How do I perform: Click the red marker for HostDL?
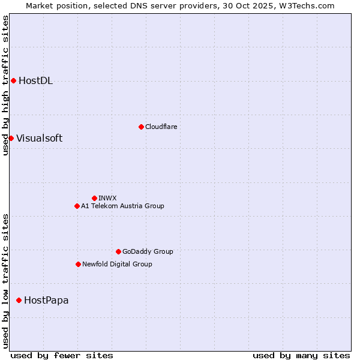(x=13, y=81)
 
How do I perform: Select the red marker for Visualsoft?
(x=11, y=138)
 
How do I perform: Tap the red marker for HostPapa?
(x=19, y=300)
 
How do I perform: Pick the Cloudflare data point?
(x=141, y=127)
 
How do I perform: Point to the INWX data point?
(x=94, y=198)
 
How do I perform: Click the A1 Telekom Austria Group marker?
(x=77, y=206)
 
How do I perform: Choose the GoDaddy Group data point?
(x=118, y=251)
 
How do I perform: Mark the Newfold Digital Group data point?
(x=78, y=264)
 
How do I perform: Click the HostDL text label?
(x=36, y=81)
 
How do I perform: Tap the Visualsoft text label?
(x=39, y=138)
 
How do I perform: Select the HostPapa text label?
(x=46, y=300)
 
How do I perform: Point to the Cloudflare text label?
(x=161, y=127)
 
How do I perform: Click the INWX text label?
(x=107, y=198)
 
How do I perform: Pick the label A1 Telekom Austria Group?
(x=122, y=206)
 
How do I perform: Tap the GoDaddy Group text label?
(x=148, y=251)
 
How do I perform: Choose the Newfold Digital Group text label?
(x=117, y=264)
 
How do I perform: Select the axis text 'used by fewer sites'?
(x=62, y=355)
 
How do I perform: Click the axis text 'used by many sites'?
(x=301, y=355)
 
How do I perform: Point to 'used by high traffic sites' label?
(x=5, y=85)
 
